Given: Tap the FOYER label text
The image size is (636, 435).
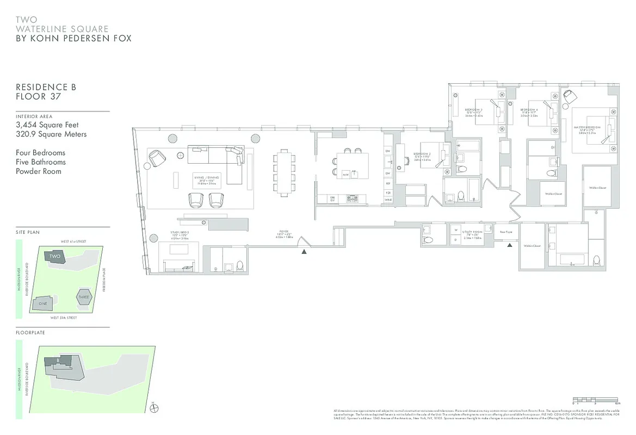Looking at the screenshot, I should tap(285, 233).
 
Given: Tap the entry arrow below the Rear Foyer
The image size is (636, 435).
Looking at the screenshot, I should tap(510, 246).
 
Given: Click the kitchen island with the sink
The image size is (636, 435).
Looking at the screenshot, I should tap(352, 165).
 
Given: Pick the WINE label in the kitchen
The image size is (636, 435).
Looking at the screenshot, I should tap(388, 200).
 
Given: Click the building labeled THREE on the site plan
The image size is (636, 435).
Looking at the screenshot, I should tap(83, 297).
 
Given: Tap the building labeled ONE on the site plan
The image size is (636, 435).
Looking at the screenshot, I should tap(43, 303).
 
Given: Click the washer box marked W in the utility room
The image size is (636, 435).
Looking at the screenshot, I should tap(456, 230).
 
